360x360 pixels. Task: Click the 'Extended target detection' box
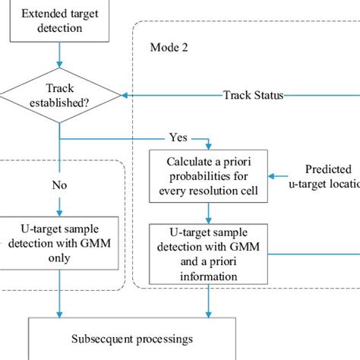(59, 21)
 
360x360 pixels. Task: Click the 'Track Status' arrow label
(253, 95)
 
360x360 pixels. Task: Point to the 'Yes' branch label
(177, 139)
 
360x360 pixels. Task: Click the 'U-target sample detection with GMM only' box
(58, 244)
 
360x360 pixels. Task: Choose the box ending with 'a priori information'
(207, 252)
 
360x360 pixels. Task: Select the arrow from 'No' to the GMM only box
(59, 205)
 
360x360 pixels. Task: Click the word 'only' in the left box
(58, 257)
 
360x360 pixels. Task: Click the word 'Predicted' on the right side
(327, 169)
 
